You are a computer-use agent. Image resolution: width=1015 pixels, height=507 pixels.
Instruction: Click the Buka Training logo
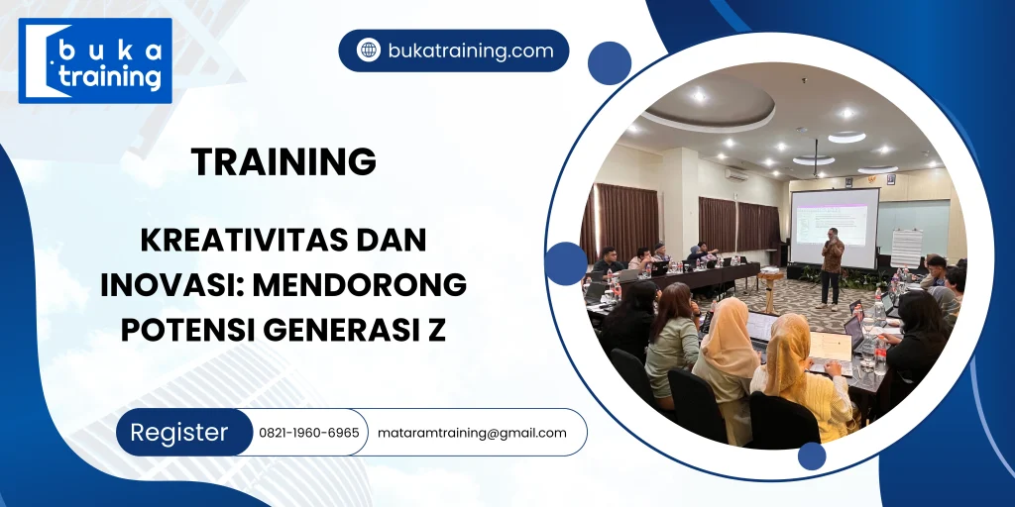tap(95, 60)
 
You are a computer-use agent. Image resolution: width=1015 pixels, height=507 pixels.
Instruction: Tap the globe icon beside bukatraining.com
tap(369, 51)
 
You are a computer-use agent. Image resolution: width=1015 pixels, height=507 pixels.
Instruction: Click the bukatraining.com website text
tap(470, 51)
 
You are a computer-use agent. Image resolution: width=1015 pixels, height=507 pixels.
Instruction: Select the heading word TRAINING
tap(283, 161)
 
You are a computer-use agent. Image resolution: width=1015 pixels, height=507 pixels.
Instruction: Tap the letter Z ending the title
tap(437, 330)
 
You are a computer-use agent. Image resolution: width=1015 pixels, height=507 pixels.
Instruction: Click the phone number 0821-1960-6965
tap(309, 433)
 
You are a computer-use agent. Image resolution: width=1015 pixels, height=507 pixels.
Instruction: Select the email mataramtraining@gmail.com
tap(472, 433)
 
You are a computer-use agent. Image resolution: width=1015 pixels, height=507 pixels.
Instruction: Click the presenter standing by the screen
tap(832, 264)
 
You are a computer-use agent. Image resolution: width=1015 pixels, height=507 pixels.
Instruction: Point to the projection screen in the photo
tap(834, 227)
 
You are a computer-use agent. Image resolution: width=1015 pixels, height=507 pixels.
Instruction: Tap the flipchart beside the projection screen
tap(906, 249)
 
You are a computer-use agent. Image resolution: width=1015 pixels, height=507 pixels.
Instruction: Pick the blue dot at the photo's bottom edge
tap(812, 456)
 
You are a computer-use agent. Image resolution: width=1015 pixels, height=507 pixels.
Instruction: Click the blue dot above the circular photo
tap(609, 63)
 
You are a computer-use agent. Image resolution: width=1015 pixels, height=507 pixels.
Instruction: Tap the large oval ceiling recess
tap(707, 105)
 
